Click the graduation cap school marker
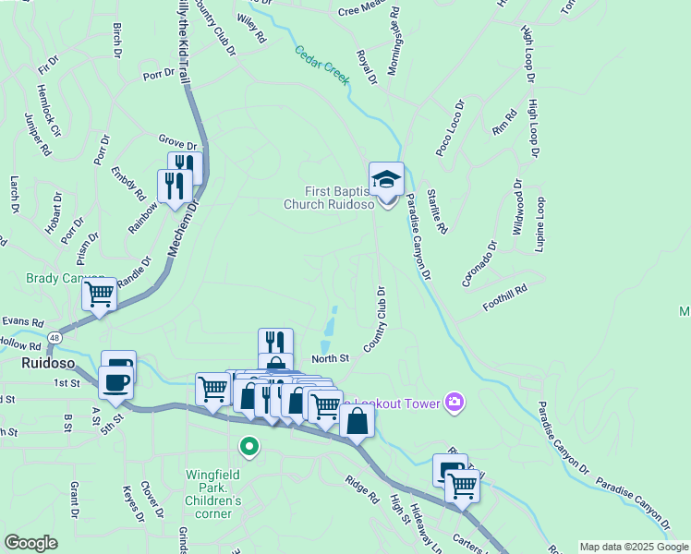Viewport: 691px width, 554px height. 386,178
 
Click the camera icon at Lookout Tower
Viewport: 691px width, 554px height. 454,401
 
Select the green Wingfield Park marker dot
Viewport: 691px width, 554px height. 249,447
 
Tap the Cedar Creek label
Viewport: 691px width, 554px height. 322,66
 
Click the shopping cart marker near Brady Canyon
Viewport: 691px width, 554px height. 99,295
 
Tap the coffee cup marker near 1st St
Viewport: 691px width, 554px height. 116,381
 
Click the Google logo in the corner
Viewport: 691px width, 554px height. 30,542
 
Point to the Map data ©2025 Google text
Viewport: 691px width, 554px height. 634,547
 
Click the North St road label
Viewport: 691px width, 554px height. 330,358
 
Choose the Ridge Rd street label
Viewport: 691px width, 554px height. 361,488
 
